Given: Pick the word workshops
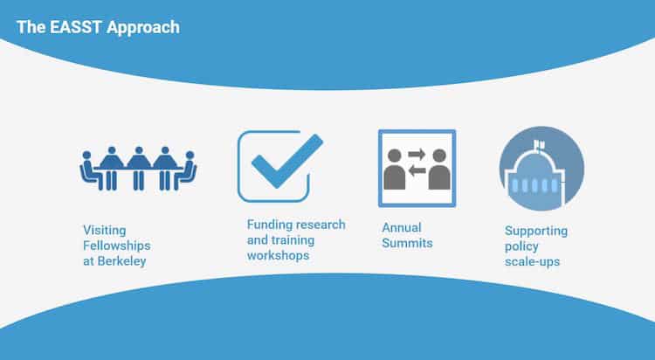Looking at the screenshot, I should point(279,255).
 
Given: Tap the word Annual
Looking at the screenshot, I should point(402,227).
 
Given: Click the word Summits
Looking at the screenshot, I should point(408,243).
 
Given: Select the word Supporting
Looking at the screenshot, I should point(536,231).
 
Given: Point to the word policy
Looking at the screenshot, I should point(521,246).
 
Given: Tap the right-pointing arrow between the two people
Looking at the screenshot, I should point(417,156).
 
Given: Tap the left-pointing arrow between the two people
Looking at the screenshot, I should point(417,170).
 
